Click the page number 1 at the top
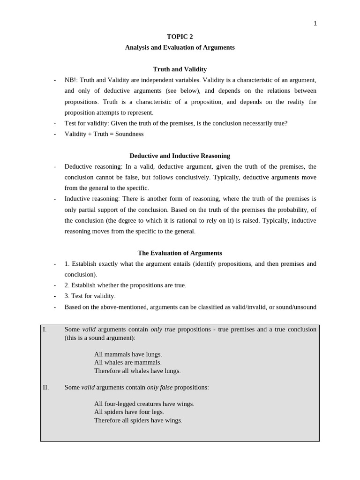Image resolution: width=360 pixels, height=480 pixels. pyautogui.click(x=315, y=23)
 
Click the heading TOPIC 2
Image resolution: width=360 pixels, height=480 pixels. pyautogui.click(x=180, y=37)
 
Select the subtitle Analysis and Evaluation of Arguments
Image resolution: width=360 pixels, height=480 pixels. pyautogui.click(x=180, y=47)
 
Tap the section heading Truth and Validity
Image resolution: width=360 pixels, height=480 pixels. pyautogui.click(x=180, y=69)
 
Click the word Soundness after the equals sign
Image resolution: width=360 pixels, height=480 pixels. pyautogui.click(x=129, y=134)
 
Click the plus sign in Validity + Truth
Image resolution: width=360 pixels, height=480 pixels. pyautogui.click(x=90, y=134)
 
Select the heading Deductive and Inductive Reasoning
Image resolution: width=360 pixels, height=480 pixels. pyautogui.click(x=180, y=156)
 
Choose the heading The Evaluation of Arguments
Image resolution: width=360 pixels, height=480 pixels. pyautogui.click(x=180, y=253)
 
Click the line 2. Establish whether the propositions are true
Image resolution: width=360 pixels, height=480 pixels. pyautogui.click(x=125, y=285)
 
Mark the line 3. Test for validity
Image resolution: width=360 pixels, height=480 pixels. pyautogui.click(x=90, y=296)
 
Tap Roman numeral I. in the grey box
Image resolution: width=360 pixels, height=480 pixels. pyautogui.click(x=45, y=330)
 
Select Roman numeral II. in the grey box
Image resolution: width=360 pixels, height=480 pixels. pyautogui.click(x=45, y=387)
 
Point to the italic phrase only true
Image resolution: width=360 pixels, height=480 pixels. pyautogui.click(x=163, y=330)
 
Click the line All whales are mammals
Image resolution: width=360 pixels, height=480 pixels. pyautogui.click(x=127, y=362)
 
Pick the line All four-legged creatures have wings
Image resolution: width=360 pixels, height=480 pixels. pyautogui.click(x=144, y=404)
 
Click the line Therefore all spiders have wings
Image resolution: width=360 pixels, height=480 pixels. pyautogui.click(x=138, y=420)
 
